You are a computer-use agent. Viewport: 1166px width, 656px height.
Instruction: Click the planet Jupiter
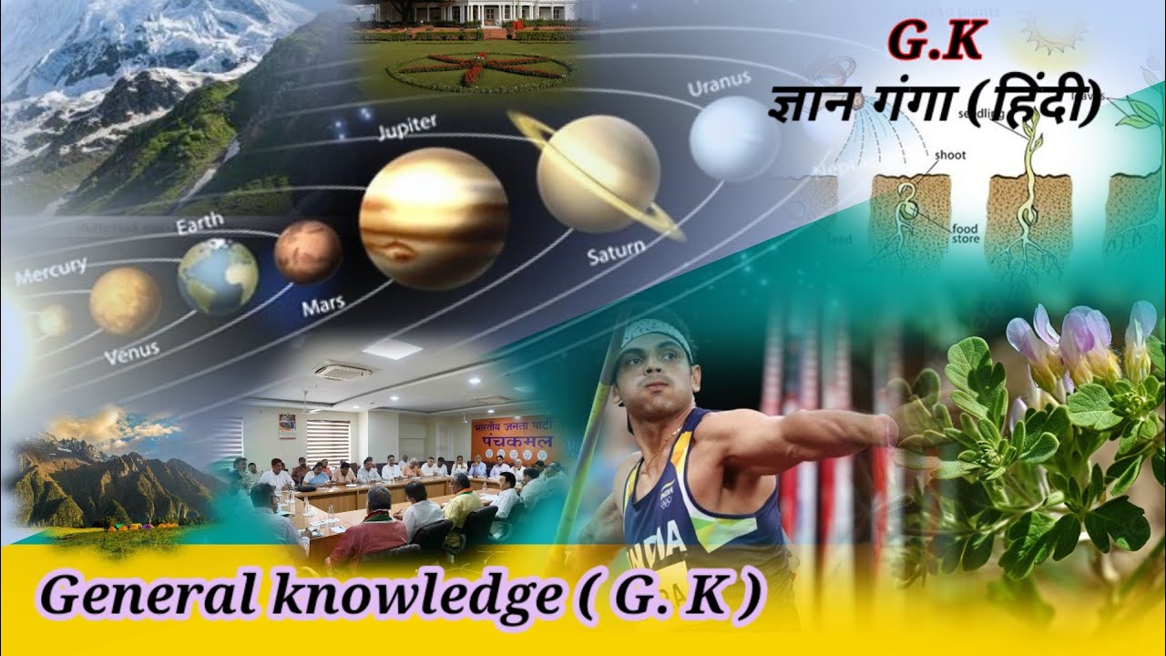[434, 218]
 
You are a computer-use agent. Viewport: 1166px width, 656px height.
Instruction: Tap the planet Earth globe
[218, 276]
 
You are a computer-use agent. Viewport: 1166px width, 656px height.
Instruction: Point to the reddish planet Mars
[308, 251]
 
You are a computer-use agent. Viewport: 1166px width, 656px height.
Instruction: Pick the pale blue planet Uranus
[734, 138]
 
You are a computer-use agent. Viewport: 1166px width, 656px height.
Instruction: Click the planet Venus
[126, 300]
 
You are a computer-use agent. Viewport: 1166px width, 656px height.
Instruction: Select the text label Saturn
[616, 251]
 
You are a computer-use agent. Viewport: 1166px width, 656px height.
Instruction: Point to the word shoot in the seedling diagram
[951, 155]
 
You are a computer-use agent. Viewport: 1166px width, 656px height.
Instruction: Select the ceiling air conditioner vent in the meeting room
[342, 371]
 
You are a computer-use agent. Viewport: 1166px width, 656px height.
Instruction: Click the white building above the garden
[474, 11]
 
